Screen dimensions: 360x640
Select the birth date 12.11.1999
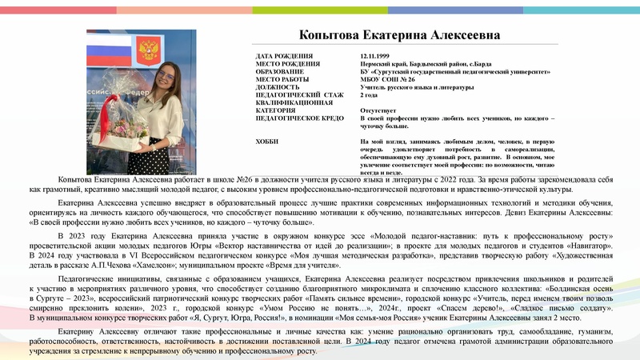click(378, 57)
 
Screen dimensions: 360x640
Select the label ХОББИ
click(268, 141)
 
